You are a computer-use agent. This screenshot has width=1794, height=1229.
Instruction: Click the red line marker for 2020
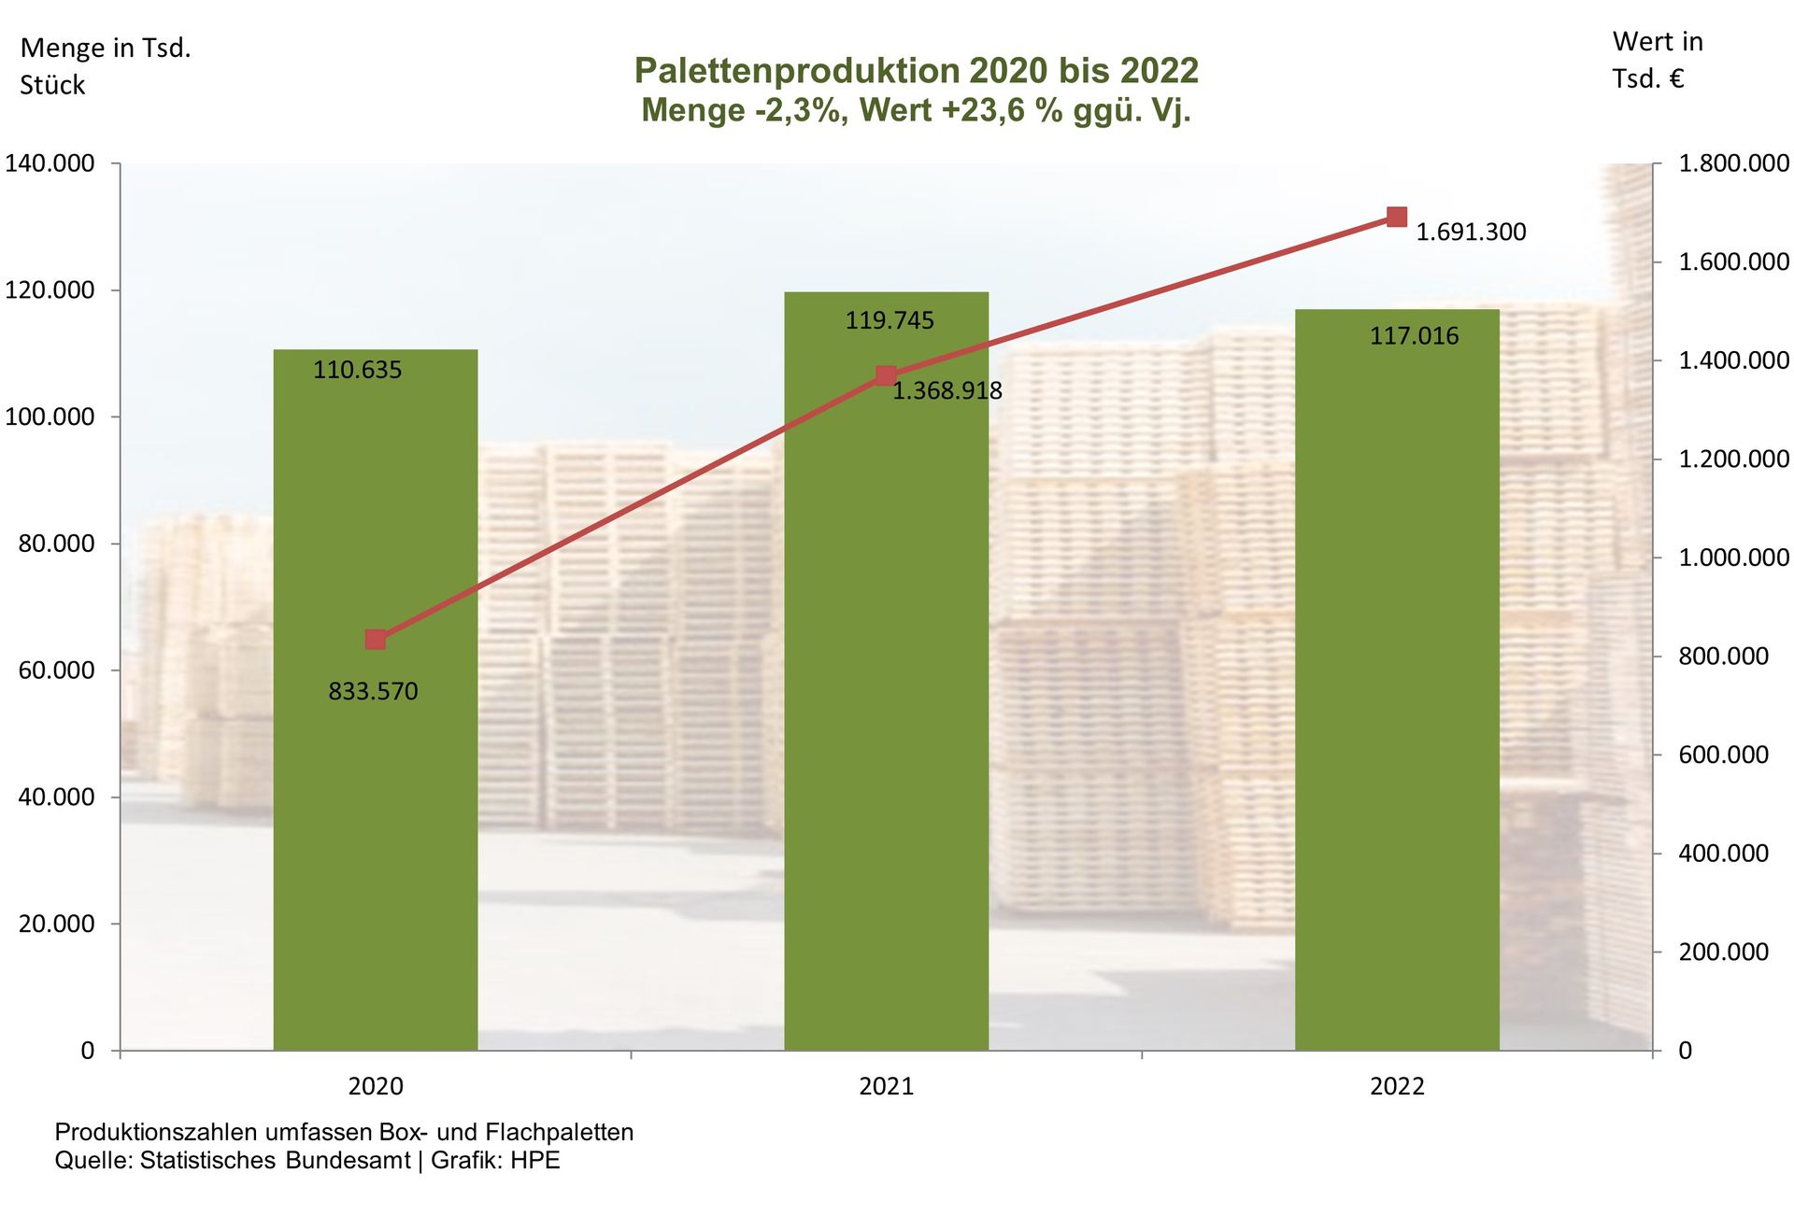376,640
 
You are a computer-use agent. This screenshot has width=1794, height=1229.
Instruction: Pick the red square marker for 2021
886,376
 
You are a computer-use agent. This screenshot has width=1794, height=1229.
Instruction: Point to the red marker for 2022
1397,218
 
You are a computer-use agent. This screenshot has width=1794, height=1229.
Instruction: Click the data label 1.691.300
1471,232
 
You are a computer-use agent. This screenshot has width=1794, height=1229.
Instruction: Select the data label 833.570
373,692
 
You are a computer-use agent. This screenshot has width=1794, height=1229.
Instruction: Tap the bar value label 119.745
890,321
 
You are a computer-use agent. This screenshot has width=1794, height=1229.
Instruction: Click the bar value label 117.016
1414,336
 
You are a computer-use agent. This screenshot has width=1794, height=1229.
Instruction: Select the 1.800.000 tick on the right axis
1733,164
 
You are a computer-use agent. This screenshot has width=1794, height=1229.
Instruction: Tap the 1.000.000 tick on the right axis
1733,558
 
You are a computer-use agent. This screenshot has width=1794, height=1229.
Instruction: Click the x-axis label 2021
886,1086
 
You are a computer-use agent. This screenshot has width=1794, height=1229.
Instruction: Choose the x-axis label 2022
1397,1086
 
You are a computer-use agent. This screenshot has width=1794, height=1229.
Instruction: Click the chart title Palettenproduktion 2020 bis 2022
916,71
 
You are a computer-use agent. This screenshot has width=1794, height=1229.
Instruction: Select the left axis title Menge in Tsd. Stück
105,66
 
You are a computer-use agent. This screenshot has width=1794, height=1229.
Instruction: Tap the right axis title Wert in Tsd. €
1657,60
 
